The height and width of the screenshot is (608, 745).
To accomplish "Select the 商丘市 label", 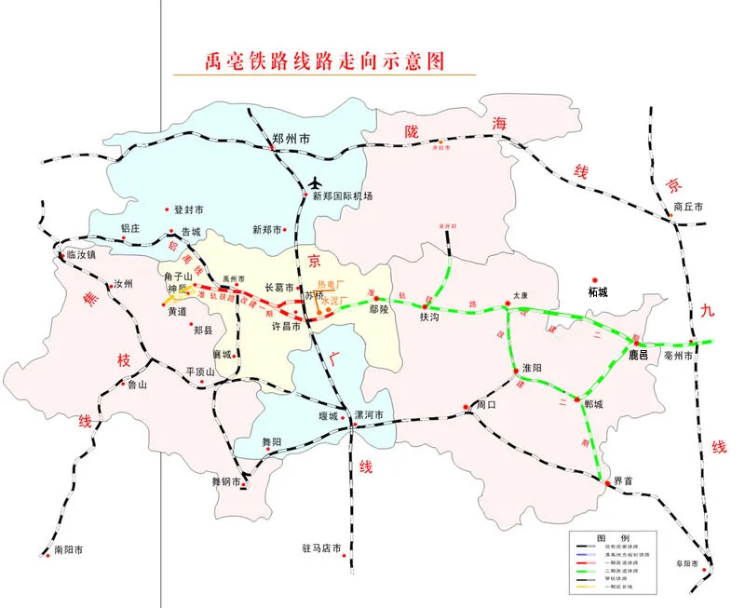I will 688,207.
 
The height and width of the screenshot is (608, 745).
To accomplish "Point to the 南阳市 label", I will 70,551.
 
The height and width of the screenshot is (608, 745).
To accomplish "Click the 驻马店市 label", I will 322,548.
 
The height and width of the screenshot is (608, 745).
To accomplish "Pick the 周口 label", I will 487,406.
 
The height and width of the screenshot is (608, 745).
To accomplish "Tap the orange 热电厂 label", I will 331,283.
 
